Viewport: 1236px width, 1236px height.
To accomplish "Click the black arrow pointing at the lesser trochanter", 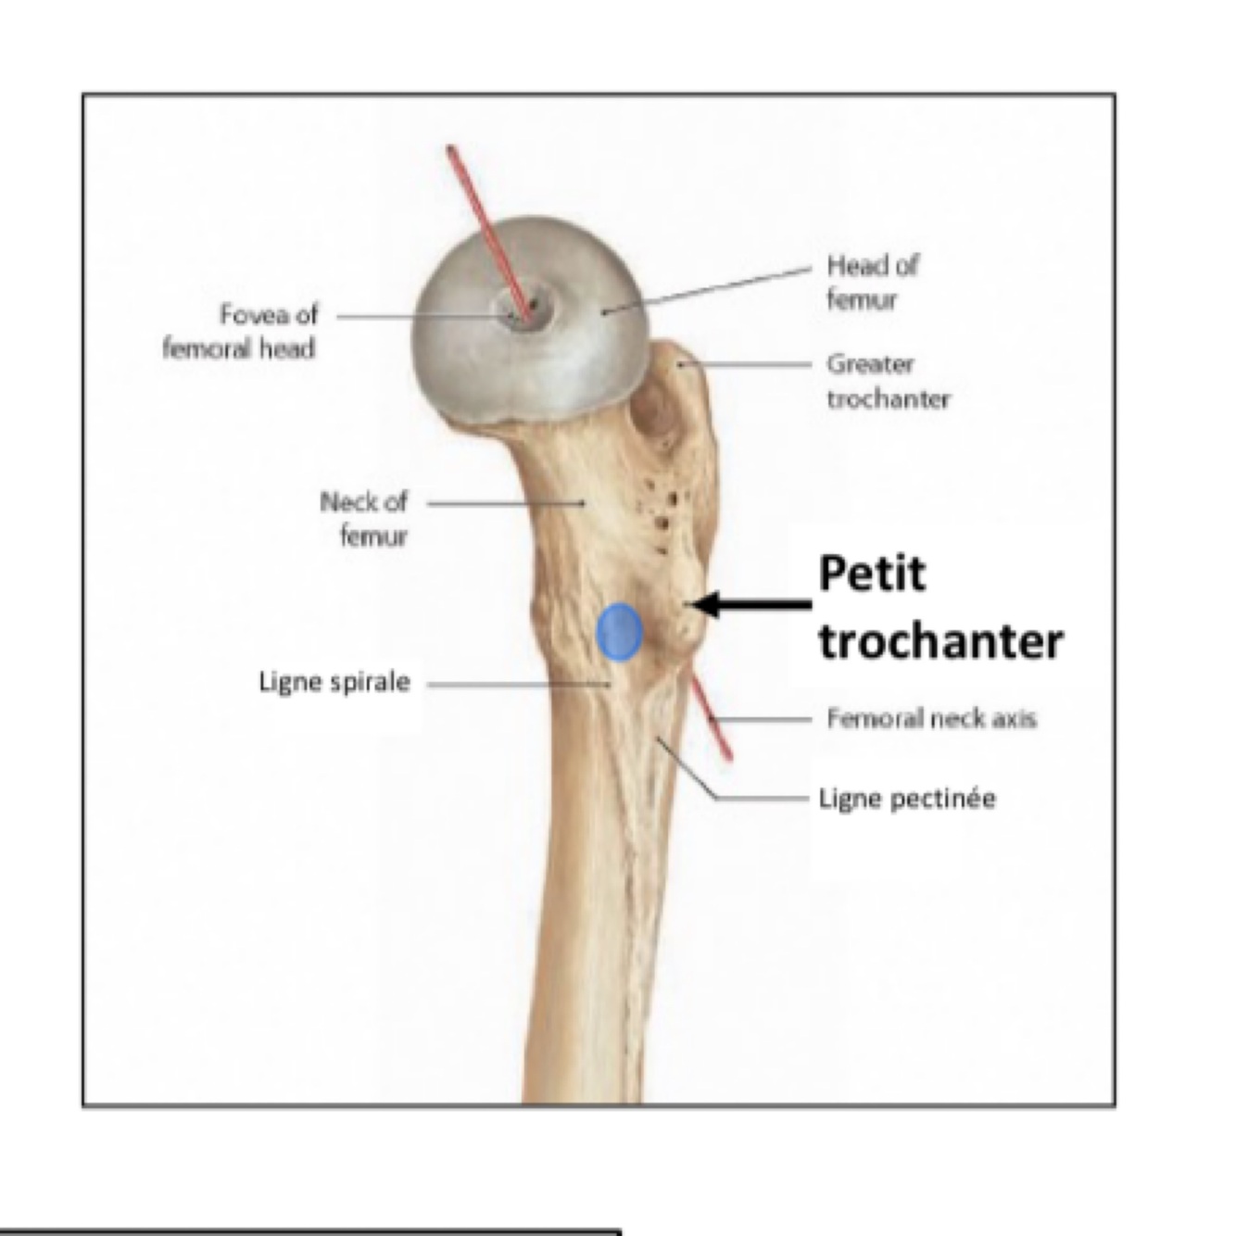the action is point(750,605).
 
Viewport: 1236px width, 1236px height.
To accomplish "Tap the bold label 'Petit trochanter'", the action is point(940,608).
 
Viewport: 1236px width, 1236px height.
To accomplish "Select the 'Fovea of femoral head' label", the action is point(240,332).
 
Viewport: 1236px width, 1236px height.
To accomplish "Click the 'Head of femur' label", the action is point(871,282).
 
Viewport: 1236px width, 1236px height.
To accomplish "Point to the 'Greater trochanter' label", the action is point(888,381).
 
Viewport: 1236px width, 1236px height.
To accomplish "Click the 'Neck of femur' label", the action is point(364,519).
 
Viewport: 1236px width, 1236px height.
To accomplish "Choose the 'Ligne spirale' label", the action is point(334,683).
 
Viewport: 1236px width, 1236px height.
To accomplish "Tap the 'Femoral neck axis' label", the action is point(931,718).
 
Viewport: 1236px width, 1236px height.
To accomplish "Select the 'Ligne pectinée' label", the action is point(907,798).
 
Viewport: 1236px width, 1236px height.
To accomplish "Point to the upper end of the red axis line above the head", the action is point(450,148).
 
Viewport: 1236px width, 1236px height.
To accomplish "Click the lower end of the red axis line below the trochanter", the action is point(728,756).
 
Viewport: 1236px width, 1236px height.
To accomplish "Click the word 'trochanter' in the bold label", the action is point(940,641).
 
